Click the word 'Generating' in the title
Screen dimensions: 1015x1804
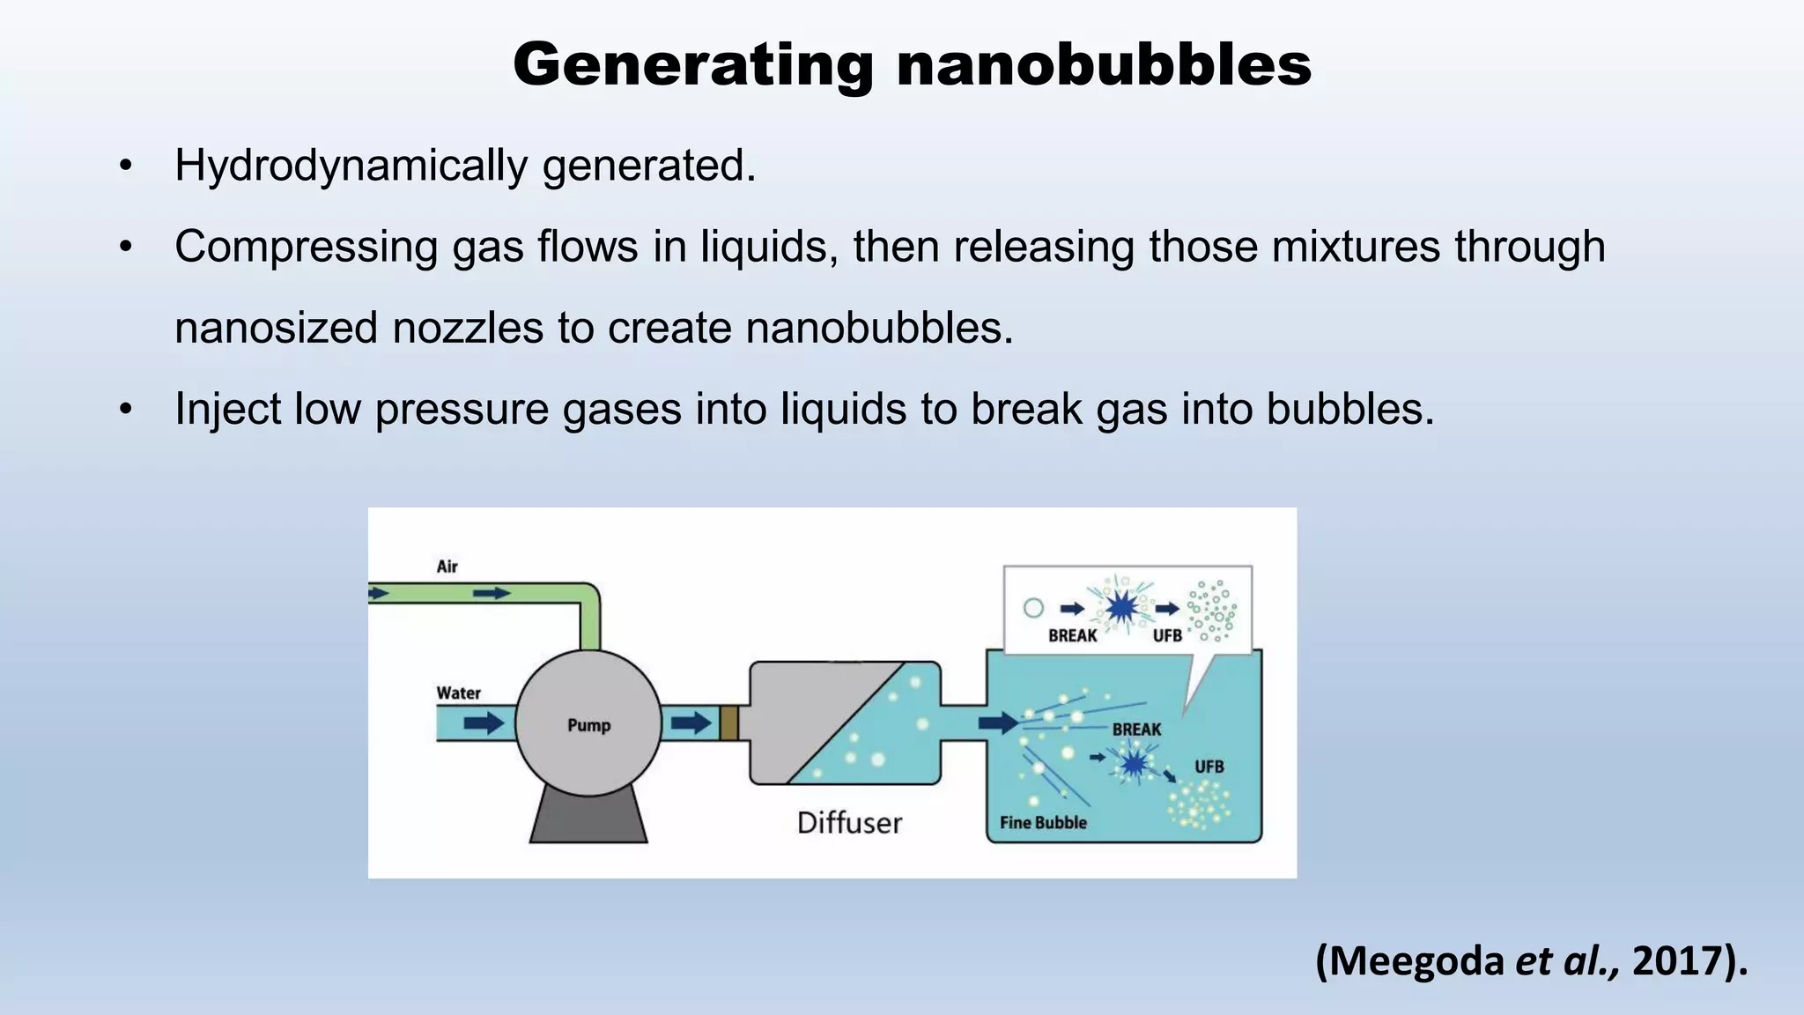pyautogui.click(x=693, y=65)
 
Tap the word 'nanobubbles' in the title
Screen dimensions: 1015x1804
pyautogui.click(x=1104, y=65)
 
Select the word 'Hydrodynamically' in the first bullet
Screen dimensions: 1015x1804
pyautogui.click(x=350, y=166)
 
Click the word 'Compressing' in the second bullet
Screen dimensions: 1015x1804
pyautogui.click(x=306, y=247)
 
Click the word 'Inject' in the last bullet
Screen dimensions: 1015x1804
pyautogui.click(x=226, y=409)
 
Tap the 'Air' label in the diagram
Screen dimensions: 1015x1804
pyautogui.click(x=447, y=567)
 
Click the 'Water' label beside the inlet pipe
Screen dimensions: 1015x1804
pyautogui.click(x=459, y=693)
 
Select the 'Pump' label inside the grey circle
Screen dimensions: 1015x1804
pyautogui.click(x=588, y=725)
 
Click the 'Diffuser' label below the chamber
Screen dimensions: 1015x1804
pyautogui.click(x=849, y=823)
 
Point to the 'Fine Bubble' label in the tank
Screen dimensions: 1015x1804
pyautogui.click(x=1043, y=823)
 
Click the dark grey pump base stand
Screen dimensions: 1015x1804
pyautogui.click(x=588, y=816)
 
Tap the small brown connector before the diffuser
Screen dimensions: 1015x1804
pyautogui.click(x=728, y=723)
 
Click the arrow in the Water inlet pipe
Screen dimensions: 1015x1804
pyautogui.click(x=484, y=723)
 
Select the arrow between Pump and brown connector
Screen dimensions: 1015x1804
pyautogui.click(x=691, y=723)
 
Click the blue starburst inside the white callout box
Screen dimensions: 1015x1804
pyautogui.click(x=1121, y=607)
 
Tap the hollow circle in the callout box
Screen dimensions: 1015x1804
pyautogui.click(x=1034, y=608)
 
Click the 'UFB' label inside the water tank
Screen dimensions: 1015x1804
pyautogui.click(x=1209, y=767)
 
